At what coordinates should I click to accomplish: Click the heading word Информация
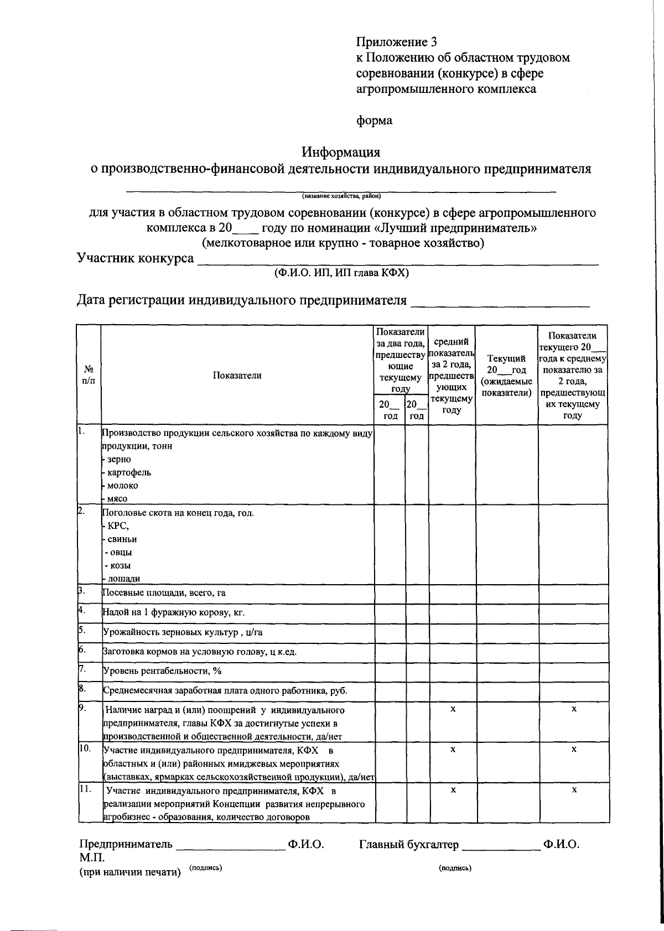pos(341,151)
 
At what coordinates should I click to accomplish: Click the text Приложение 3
pos(396,42)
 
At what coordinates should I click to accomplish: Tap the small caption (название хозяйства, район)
pos(341,195)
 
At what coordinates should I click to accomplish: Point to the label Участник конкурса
pos(135,258)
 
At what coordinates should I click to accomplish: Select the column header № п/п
pos(89,374)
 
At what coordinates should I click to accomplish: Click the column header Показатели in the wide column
pos(237,375)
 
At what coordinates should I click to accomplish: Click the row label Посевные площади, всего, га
pos(164,593)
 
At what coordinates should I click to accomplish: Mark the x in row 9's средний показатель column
pos(452,709)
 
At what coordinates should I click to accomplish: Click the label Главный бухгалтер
pos(409,845)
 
